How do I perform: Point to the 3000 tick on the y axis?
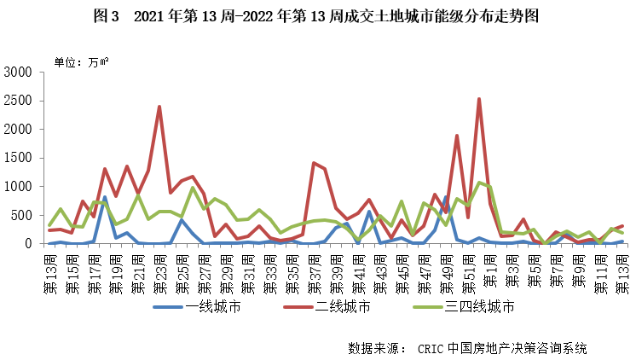[18, 73]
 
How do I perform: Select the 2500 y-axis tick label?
[18, 101]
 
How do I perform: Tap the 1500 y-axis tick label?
[18, 158]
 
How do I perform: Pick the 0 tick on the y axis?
[28, 243]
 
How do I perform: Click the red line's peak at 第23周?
[159, 107]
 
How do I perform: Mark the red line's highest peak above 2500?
[479, 99]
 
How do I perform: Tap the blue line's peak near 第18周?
[105, 197]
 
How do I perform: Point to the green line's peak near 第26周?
[193, 188]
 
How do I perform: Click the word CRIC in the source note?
[432, 348]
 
